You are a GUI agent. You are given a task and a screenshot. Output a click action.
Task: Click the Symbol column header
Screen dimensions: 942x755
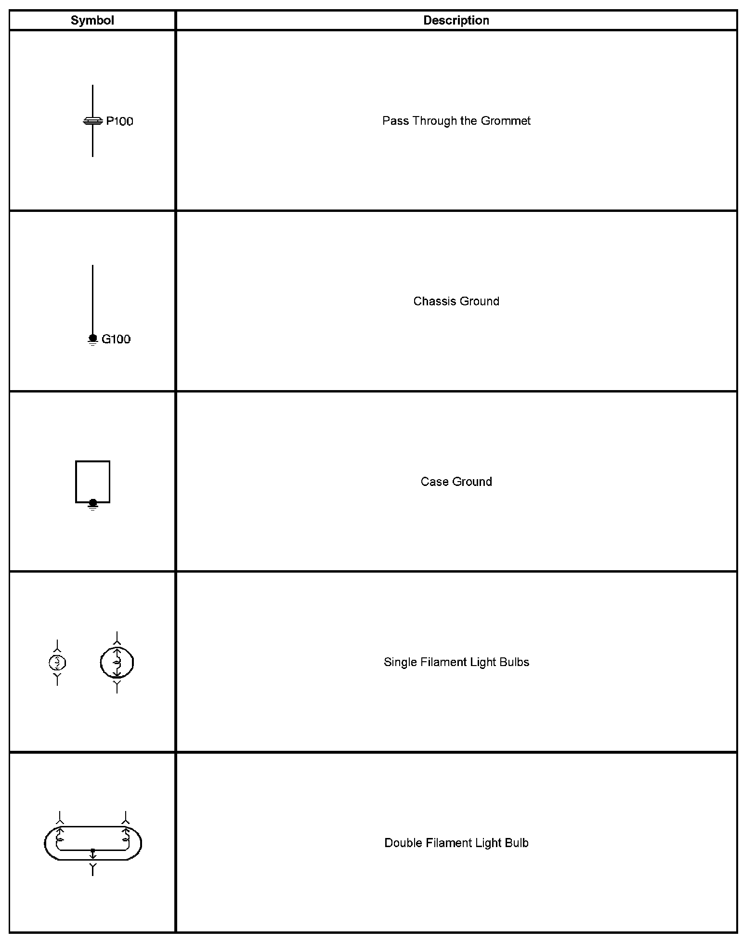pyautogui.click(x=92, y=20)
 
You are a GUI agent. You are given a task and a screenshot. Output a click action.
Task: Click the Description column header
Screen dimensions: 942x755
pyautogui.click(x=456, y=20)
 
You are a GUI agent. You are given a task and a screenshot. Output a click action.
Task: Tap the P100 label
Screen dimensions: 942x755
pyautogui.click(x=119, y=121)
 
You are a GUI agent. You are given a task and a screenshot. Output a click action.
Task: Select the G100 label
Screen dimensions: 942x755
pyautogui.click(x=116, y=339)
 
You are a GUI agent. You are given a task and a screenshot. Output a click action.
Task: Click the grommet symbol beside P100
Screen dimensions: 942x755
pyautogui.click(x=92, y=121)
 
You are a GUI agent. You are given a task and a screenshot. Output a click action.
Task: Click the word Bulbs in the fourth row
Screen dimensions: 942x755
pyautogui.click(x=516, y=662)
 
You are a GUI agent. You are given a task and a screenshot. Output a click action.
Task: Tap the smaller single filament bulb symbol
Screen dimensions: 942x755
pyautogui.click(x=57, y=663)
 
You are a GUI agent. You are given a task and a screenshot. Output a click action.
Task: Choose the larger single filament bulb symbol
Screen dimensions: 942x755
pyautogui.click(x=117, y=663)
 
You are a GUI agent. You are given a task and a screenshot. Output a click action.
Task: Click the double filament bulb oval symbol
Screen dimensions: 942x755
pyautogui.click(x=93, y=843)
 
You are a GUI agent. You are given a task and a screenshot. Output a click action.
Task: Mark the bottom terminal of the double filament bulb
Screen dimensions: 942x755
pyautogui.click(x=93, y=868)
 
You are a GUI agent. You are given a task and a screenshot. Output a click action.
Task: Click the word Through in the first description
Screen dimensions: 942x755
pyautogui.click(x=434, y=120)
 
